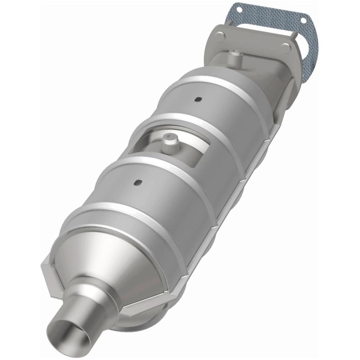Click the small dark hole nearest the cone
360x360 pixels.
(138, 182)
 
